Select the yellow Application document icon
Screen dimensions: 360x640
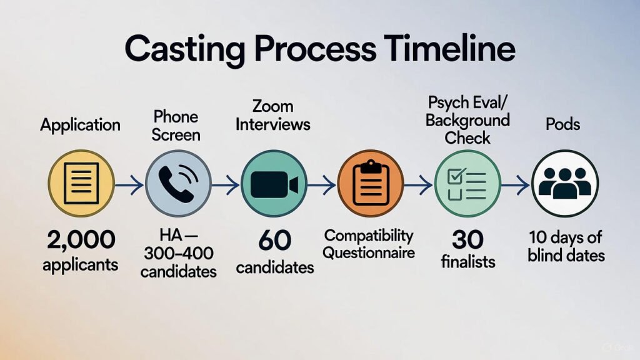click(x=81, y=183)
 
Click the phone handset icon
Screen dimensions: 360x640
click(x=178, y=183)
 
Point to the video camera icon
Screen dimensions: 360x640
click(x=274, y=183)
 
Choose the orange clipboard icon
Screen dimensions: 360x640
click(x=371, y=183)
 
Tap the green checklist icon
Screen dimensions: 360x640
click(x=467, y=183)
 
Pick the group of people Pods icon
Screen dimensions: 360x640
click(x=564, y=183)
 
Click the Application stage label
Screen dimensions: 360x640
click(x=80, y=124)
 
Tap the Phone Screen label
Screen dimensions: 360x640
click(x=176, y=125)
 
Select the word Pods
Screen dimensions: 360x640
click(x=562, y=124)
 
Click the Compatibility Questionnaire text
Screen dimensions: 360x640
click(x=369, y=244)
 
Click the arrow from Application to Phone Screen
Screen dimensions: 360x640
click(x=129, y=184)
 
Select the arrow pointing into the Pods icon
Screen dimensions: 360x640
click(x=516, y=184)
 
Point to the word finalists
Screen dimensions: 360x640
click(x=468, y=261)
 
